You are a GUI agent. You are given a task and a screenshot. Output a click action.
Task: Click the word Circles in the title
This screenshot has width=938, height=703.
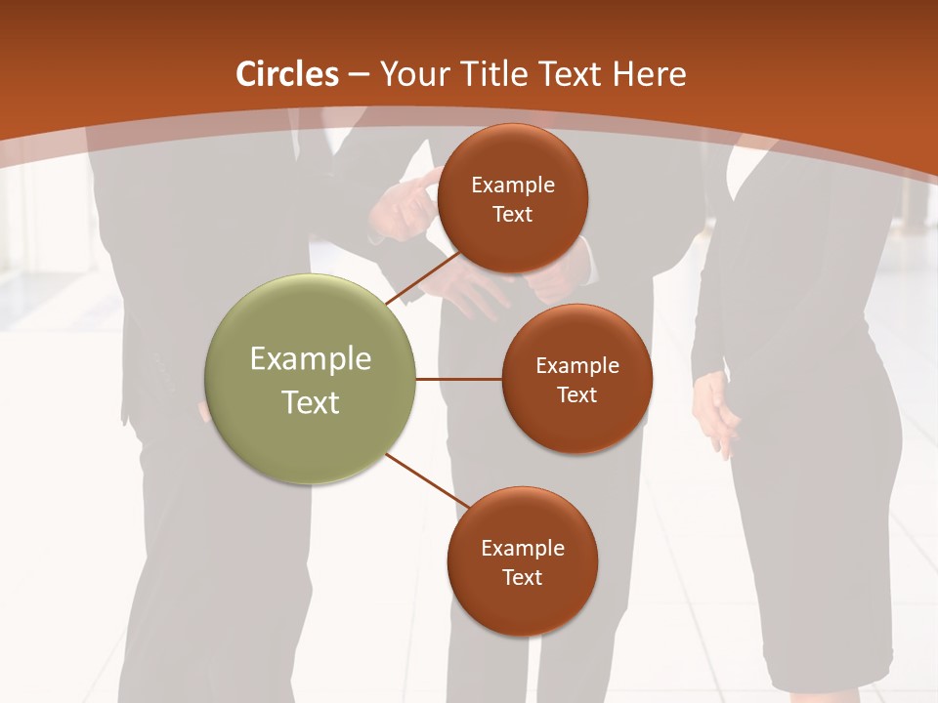287,74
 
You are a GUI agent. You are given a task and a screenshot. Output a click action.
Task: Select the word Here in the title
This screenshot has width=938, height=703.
650,74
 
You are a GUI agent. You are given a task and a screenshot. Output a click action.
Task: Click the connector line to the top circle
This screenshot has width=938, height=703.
422,277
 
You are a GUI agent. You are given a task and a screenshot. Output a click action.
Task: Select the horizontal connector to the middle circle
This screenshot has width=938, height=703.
458,379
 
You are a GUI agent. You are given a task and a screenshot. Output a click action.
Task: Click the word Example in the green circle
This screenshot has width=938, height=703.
311,359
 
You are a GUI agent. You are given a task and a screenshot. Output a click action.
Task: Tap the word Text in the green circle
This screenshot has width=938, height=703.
311,402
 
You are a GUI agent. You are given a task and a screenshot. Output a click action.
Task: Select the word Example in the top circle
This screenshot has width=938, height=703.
513,185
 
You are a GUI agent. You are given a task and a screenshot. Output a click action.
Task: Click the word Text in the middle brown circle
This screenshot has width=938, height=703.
576,394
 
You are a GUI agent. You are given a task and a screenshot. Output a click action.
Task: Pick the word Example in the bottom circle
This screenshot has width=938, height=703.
523,548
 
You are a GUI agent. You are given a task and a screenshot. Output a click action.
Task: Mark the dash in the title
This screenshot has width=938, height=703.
358,75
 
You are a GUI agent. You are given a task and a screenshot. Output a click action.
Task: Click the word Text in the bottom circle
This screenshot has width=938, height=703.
522,577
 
